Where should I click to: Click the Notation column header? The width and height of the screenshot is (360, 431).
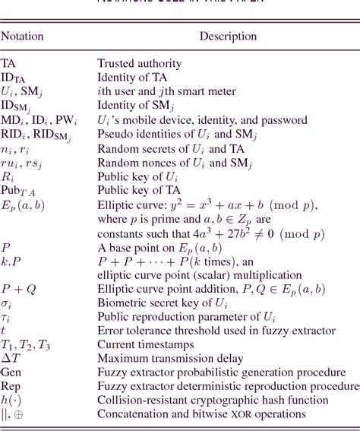pyautogui.click(x=22, y=36)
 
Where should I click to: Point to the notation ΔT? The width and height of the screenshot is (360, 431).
pyautogui.click(x=9, y=359)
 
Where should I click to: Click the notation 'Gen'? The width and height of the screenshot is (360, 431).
pyautogui.click(x=11, y=372)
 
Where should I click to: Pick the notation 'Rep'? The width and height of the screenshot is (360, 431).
pyautogui.click(x=11, y=386)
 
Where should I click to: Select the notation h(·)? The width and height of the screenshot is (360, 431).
pyautogui.click(x=11, y=400)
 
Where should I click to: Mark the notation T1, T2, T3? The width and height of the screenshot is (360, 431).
pyautogui.click(x=26, y=345)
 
